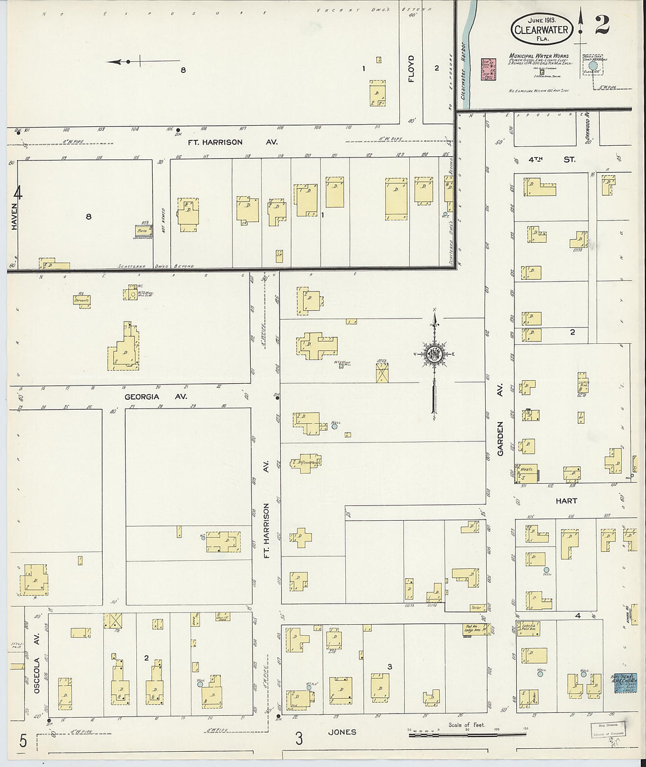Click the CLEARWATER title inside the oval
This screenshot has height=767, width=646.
coord(541,31)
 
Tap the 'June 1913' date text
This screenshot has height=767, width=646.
coord(541,19)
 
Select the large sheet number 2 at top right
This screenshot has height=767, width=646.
coord(603,25)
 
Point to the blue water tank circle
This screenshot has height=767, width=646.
coord(592,65)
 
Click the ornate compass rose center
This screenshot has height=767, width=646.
coord(435,353)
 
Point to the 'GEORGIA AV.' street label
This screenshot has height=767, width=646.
coord(156,397)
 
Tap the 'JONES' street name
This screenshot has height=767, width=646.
coord(342,732)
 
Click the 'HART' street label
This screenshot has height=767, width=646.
coord(566,501)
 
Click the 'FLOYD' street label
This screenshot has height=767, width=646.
coord(411,69)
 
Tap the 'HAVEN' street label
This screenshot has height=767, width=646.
coord(15,216)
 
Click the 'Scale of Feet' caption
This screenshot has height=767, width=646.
coord(467,725)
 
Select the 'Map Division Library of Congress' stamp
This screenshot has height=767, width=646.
coord(608,729)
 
